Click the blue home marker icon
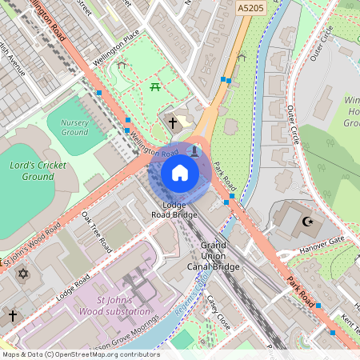(x=179, y=173)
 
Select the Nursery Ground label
(x=74, y=126)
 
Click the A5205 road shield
(x=251, y=7)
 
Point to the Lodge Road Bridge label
(x=174, y=210)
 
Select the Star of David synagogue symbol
(x=22, y=274)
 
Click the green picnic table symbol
(x=155, y=86)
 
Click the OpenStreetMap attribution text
(x=80, y=354)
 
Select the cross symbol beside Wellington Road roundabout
(x=173, y=123)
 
